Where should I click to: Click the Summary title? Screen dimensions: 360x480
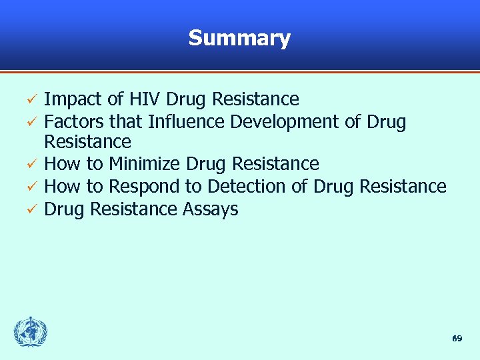pyautogui.click(x=239, y=38)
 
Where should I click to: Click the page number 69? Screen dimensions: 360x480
pyautogui.click(x=457, y=339)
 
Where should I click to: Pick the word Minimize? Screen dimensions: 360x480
pyautogui.click(x=145, y=164)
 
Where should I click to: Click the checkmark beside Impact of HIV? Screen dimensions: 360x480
pyautogui.click(x=29, y=101)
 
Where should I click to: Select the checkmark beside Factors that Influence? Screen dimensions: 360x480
pyautogui.click(x=29, y=123)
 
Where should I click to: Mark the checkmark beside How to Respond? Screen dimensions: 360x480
pyautogui.click(x=29, y=187)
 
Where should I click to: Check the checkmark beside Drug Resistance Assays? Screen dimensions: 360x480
pyautogui.click(x=29, y=210)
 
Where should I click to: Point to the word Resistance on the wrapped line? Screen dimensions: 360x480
pyautogui.click(x=87, y=142)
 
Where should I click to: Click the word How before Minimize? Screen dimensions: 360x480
pyautogui.click(x=61, y=164)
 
